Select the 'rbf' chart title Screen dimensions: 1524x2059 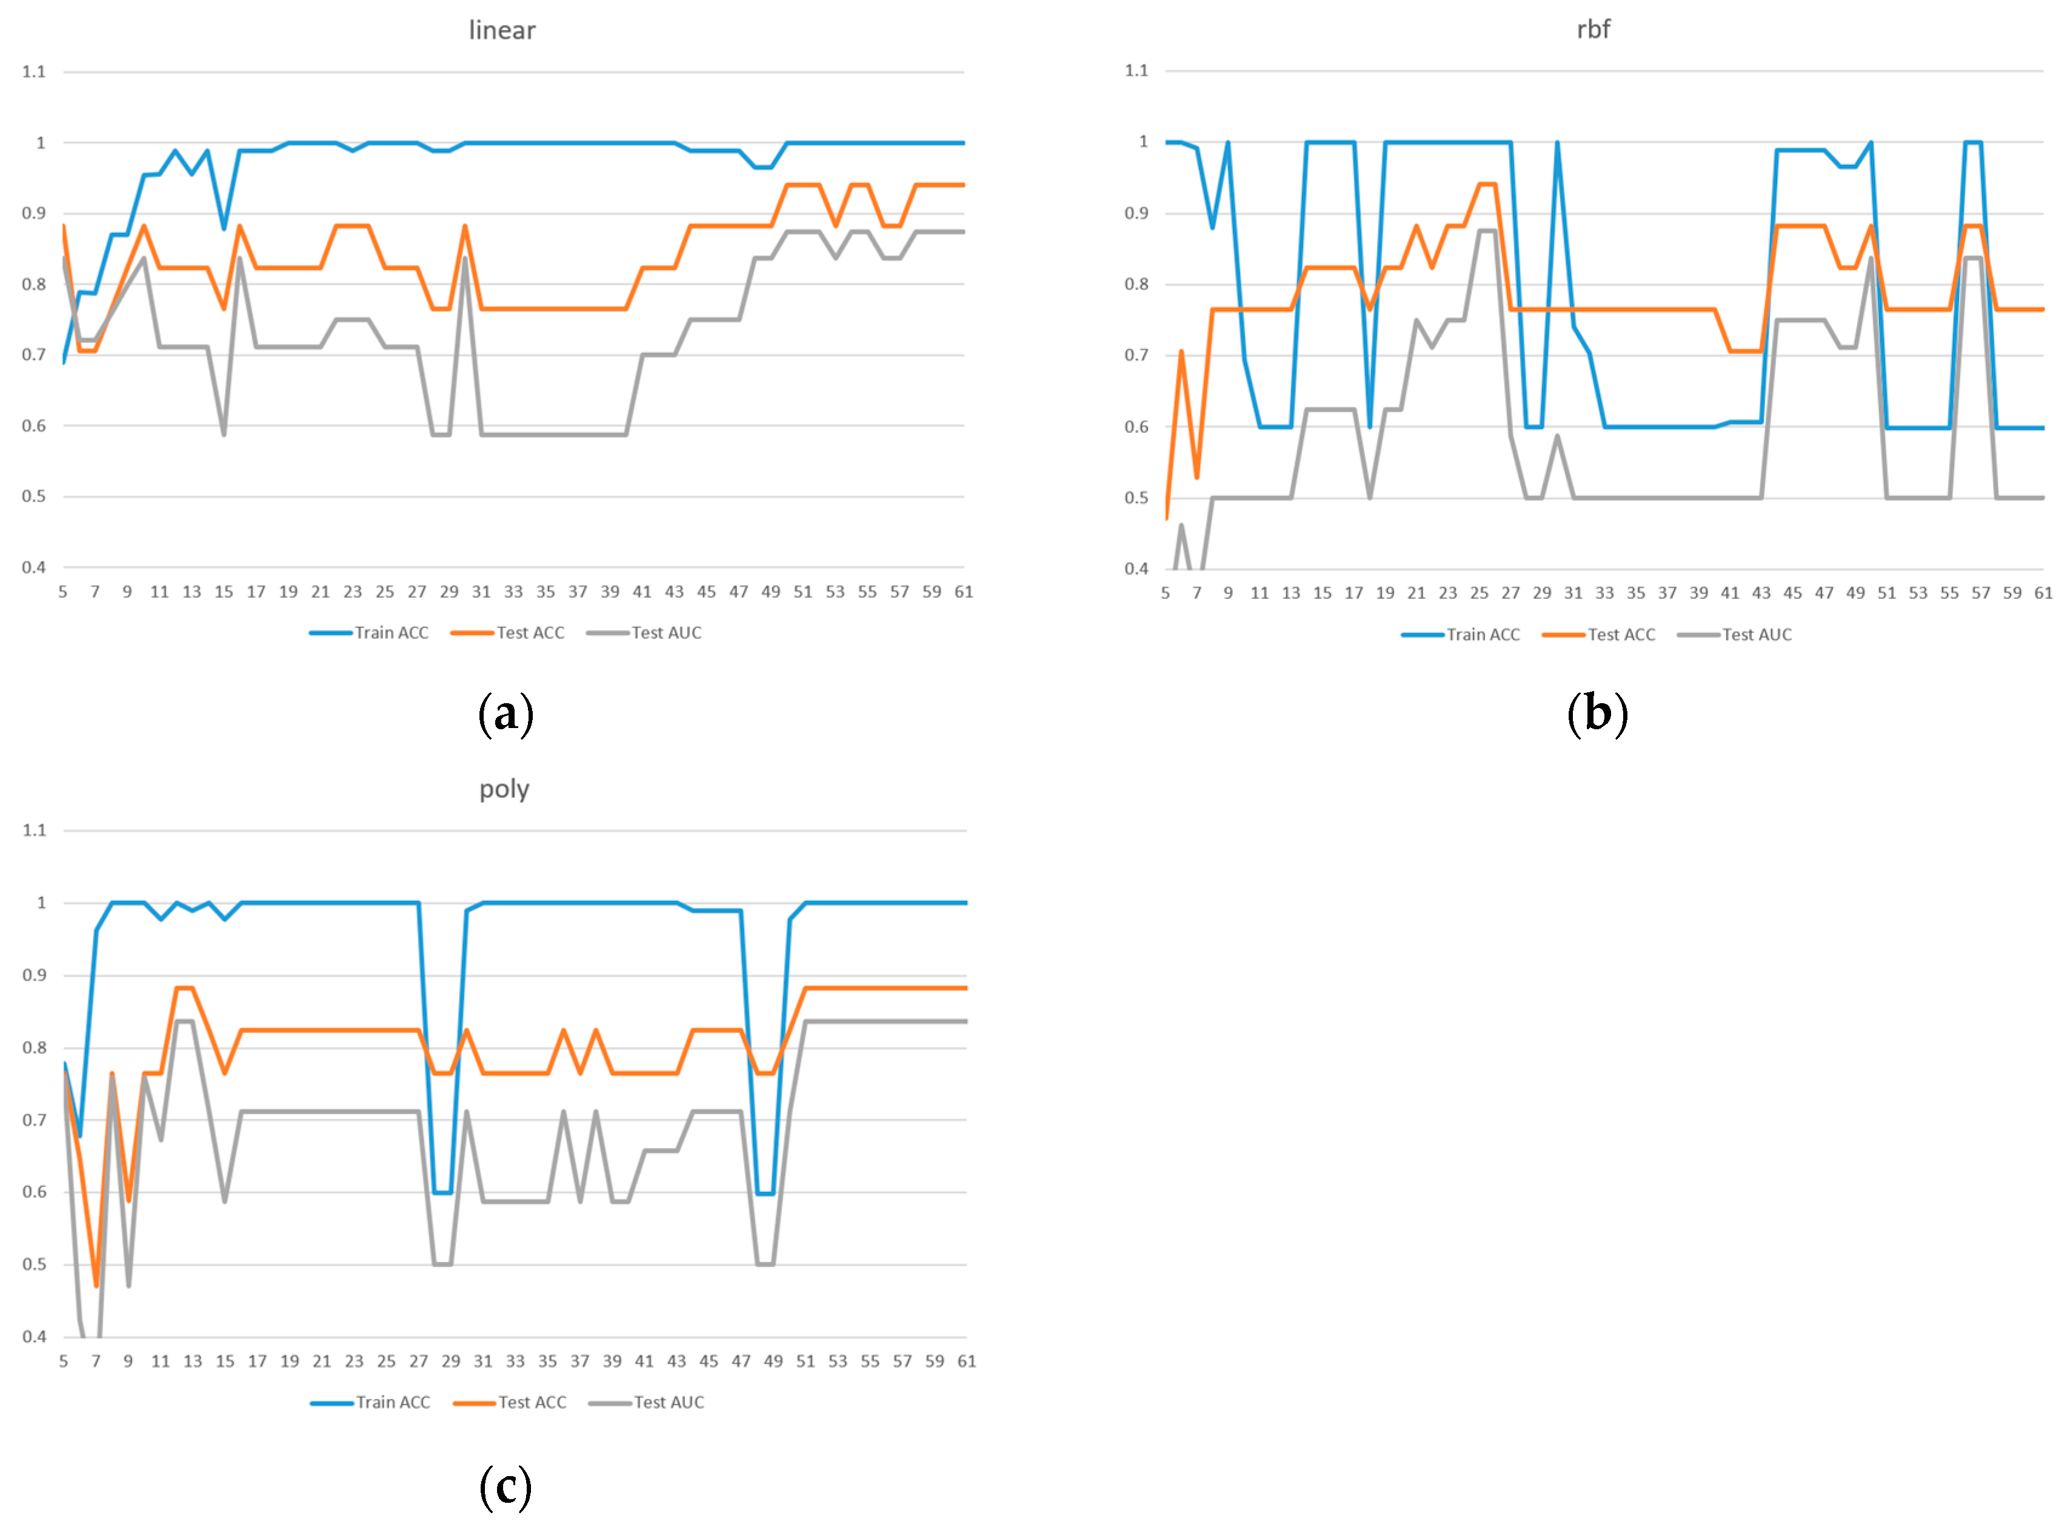1592,30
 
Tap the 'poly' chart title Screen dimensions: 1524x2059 504,790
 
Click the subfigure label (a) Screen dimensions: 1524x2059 506,715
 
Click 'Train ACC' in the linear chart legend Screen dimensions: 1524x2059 391,633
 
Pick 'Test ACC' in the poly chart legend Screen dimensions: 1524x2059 532,1402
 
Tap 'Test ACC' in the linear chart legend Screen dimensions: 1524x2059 530,633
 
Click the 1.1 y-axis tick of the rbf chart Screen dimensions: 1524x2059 1136,71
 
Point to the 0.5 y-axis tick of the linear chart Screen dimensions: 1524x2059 33,496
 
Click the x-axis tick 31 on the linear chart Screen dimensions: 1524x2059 481,592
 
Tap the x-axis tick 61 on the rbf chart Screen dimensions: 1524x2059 2043,593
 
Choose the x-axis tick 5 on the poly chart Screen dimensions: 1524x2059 64,1362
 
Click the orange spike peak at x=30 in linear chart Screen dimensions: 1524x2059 465,226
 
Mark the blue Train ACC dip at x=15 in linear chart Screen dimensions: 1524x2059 224,228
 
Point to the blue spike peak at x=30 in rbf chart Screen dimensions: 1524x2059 1557,143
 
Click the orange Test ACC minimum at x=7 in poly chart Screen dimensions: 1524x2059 96,1285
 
